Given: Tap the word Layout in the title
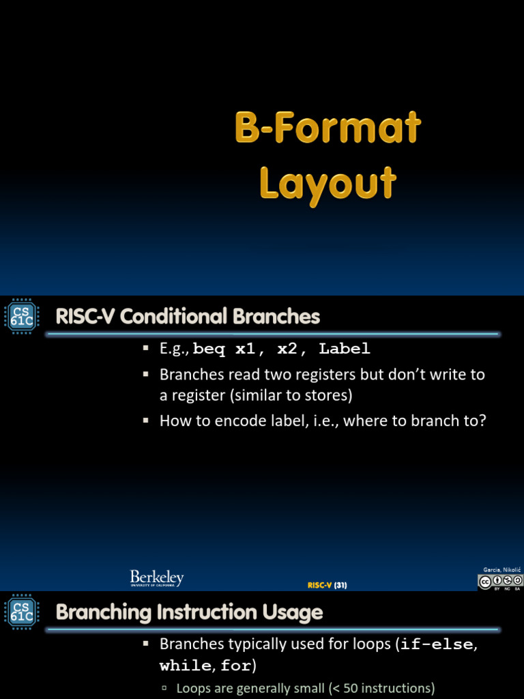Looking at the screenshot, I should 328,183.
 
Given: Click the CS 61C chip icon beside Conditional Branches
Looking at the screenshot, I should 20,319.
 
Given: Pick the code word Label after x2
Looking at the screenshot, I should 345,349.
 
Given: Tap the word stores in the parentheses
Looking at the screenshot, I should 330,395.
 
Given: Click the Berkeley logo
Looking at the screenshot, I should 157,579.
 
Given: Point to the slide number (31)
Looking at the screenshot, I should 340,585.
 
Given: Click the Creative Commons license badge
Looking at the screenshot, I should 500,582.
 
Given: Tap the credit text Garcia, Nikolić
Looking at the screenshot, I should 501,569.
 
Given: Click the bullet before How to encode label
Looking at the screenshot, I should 145,420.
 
